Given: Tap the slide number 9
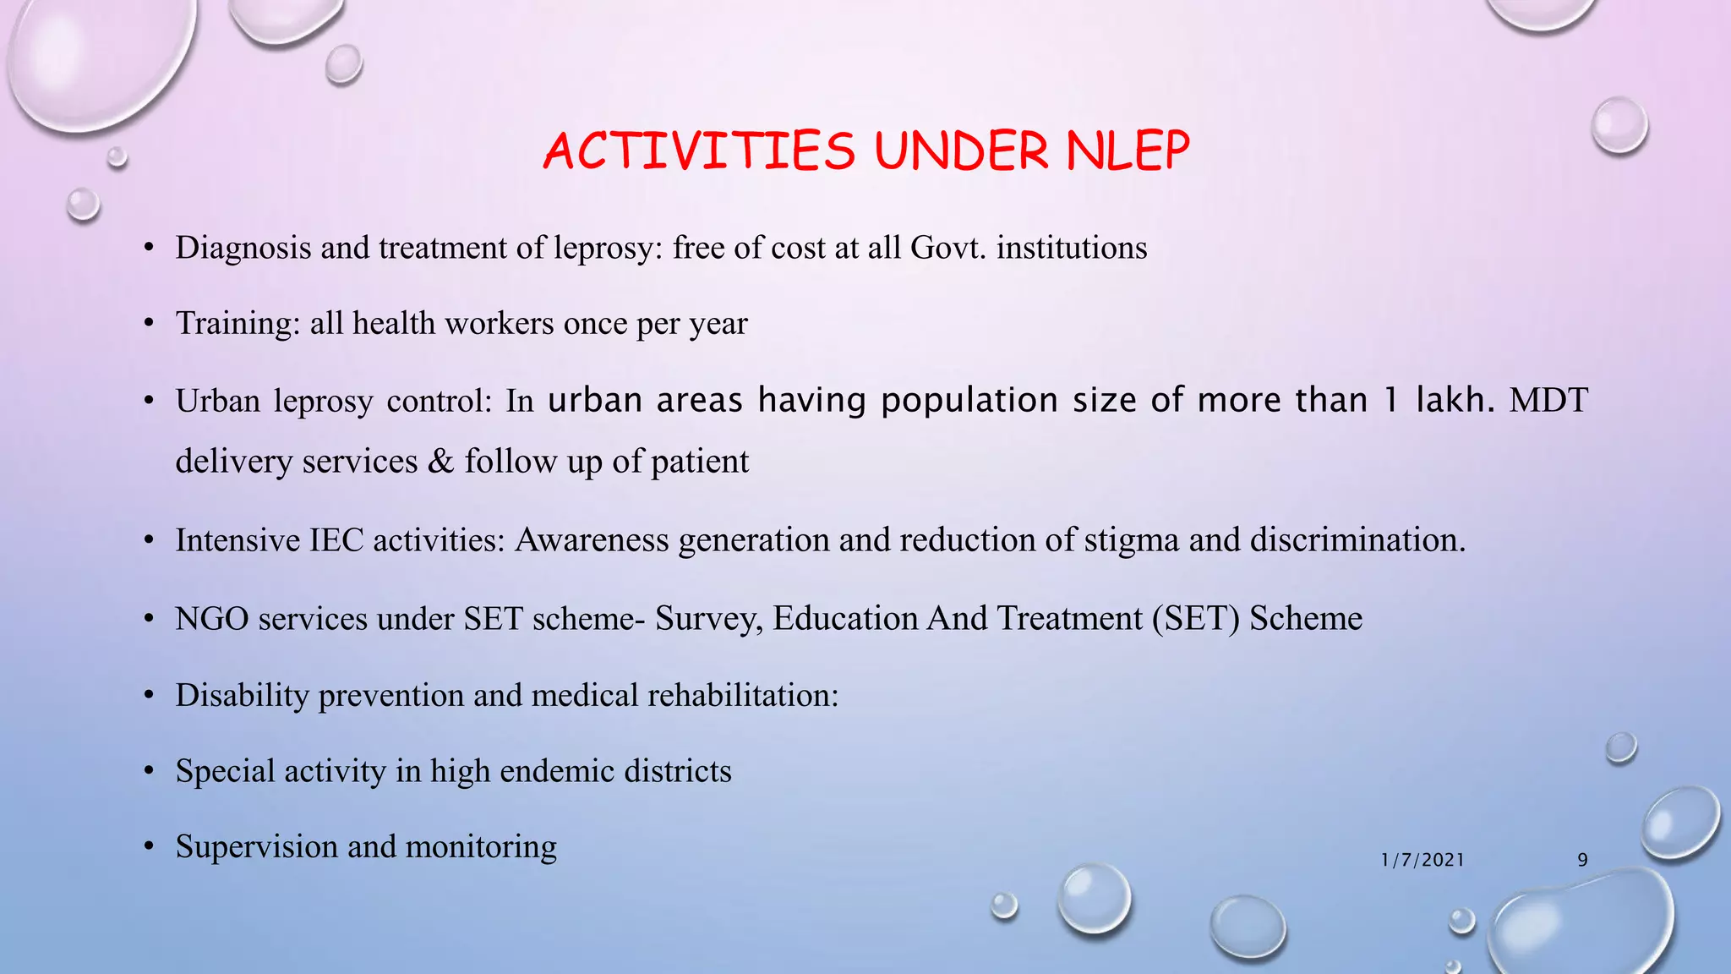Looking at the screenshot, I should click(x=1582, y=860).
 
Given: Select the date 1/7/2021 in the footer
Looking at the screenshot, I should click(x=1422, y=860).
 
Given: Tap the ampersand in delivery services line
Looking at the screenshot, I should click(x=440, y=462).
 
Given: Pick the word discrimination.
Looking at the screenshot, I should click(x=1357, y=540).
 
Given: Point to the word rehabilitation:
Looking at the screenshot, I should click(x=743, y=695).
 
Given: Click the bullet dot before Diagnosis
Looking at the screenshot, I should click(x=149, y=249).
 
